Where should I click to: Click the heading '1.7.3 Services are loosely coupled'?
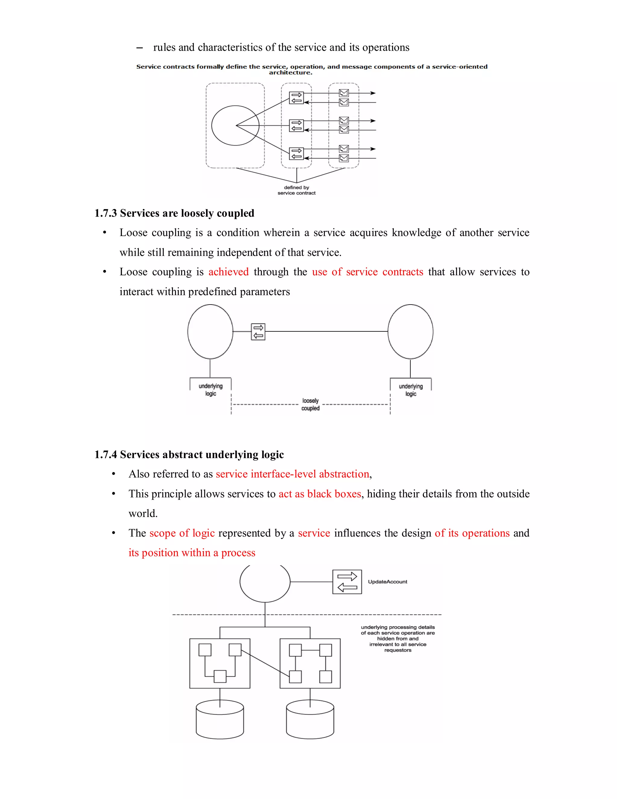click(x=174, y=213)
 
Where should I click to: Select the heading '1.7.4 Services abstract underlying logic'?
click(x=189, y=454)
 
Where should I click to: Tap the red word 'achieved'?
click(x=228, y=272)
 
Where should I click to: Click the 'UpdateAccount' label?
click(x=387, y=582)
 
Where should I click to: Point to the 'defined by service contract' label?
click(x=296, y=190)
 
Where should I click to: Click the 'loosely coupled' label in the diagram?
click(x=310, y=404)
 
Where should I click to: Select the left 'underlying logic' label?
click(x=211, y=390)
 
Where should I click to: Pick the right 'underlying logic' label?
click(x=411, y=390)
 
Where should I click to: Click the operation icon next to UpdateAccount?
click(x=347, y=582)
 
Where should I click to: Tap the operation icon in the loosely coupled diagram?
click(x=258, y=332)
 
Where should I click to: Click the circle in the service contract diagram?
click(x=235, y=125)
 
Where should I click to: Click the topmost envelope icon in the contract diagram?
click(x=343, y=93)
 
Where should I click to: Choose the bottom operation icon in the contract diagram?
click(x=296, y=154)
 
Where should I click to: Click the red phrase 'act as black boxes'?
click(x=320, y=494)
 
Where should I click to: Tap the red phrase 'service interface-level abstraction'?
click(x=292, y=474)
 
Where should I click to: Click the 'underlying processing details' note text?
click(x=398, y=638)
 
